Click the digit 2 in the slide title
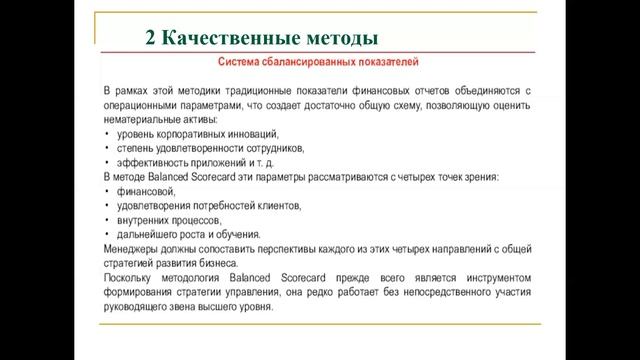(151, 40)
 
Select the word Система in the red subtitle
(240, 64)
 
